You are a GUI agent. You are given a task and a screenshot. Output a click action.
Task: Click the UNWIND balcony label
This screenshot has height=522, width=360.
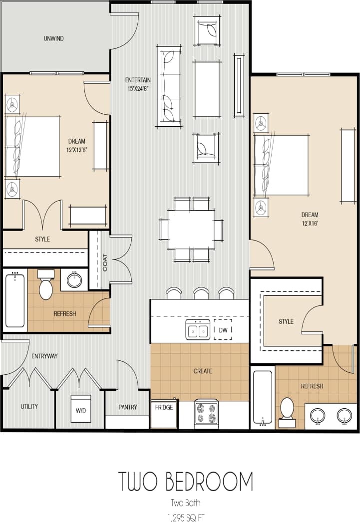(x=53, y=38)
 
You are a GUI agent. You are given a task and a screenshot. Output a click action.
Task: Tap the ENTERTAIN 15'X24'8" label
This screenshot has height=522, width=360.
(x=138, y=84)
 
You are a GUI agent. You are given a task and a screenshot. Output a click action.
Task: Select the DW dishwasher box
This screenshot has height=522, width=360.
(x=223, y=330)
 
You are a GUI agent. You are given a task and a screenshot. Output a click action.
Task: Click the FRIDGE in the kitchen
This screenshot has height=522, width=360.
(x=164, y=414)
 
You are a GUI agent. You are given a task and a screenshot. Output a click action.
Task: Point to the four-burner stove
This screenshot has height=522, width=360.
(x=206, y=414)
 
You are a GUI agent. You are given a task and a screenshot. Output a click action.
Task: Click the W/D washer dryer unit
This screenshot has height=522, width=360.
(x=80, y=411)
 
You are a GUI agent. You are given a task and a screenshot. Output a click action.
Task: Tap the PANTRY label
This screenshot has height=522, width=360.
(x=128, y=407)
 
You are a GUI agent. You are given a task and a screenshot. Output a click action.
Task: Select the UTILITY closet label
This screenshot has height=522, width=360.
(x=29, y=406)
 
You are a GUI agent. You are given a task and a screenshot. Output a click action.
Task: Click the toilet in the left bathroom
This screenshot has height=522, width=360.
(x=46, y=285)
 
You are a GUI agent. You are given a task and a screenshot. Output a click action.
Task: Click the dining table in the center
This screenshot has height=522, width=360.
(x=191, y=229)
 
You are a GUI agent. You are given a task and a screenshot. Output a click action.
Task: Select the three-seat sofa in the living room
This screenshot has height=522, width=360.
(x=169, y=86)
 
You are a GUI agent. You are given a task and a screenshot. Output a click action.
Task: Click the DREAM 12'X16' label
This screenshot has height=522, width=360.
(x=310, y=219)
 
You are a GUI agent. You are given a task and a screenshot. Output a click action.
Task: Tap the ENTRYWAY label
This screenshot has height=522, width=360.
(x=44, y=356)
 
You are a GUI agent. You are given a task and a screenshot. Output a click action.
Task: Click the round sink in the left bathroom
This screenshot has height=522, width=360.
(x=74, y=280)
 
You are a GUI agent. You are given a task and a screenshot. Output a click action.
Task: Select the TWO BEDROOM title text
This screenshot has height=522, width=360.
(x=185, y=482)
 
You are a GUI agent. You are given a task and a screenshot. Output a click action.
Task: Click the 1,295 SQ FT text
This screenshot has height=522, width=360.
(x=185, y=517)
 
